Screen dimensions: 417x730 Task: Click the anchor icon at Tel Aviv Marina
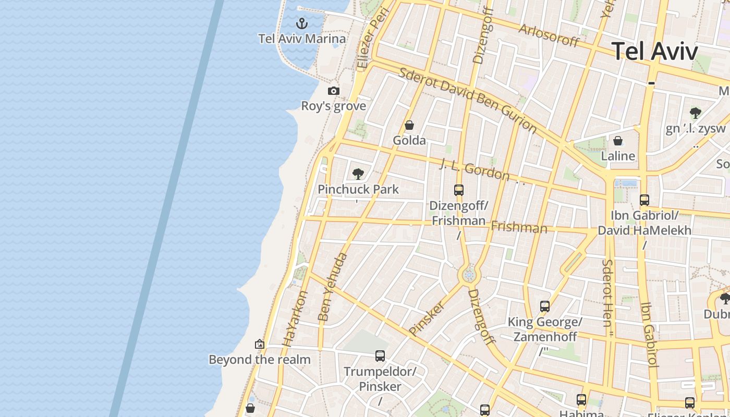pyautogui.click(x=301, y=23)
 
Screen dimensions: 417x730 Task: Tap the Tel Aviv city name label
pyautogui.click(x=654, y=52)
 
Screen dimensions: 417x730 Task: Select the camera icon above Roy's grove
pyautogui.click(x=334, y=91)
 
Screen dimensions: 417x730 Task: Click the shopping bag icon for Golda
pyautogui.click(x=409, y=125)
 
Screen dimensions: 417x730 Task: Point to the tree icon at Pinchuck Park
pyautogui.click(x=358, y=174)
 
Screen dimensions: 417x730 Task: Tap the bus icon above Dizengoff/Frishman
pyautogui.click(x=459, y=190)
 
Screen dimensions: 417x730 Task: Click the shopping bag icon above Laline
pyautogui.click(x=618, y=141)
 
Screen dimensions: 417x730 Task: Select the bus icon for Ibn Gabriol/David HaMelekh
pyautogui.click(x=644, y=200)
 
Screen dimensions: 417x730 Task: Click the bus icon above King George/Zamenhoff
pyautogui.click(x=545, y=306)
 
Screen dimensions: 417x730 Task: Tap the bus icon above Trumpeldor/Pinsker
pyautogui.click(x=380, y=356)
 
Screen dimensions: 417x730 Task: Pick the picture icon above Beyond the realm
pyautogui.click(x=260, y=344)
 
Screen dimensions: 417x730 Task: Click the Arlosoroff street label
pyautogui.click(x=549, y=35)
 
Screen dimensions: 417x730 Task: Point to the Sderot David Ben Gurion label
pyautogui.click(x=467, y=99)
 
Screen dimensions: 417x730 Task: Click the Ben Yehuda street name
pyautogui.click(x=332, y=287)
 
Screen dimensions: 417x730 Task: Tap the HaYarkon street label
pyautogui.click(x=295, y=318)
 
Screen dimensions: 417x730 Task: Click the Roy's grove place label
pyautogui.click(x=334, y=106)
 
